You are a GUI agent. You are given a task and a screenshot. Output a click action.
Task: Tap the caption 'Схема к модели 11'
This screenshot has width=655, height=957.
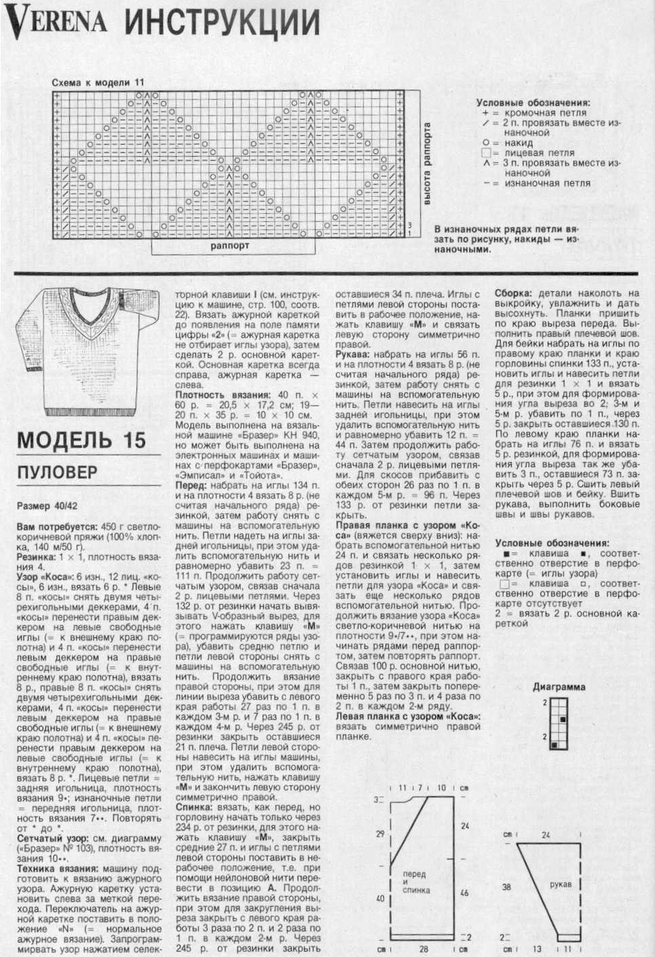pos(98,83)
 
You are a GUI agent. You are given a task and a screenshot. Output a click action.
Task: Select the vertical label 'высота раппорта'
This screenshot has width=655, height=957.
pos(428,164)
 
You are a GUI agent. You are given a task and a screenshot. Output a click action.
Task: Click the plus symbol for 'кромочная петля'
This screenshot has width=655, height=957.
pos(485,113)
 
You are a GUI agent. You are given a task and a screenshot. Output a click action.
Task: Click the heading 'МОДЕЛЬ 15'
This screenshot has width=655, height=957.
pos(81,440)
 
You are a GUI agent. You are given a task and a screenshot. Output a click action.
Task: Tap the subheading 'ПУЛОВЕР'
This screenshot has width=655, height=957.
pos(58,472)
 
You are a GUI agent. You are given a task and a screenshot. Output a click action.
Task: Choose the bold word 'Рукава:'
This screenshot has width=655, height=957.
pos(354,355)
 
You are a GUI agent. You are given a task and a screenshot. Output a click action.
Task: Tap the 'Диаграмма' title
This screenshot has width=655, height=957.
pos(559,686)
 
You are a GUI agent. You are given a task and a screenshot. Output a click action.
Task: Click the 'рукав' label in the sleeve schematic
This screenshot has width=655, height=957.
pos(561,884)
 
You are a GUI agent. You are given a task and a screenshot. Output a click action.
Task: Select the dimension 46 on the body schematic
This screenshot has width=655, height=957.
pos(464,893)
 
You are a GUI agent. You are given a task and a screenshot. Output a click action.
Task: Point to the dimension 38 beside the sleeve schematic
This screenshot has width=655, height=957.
pos(506,886)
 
